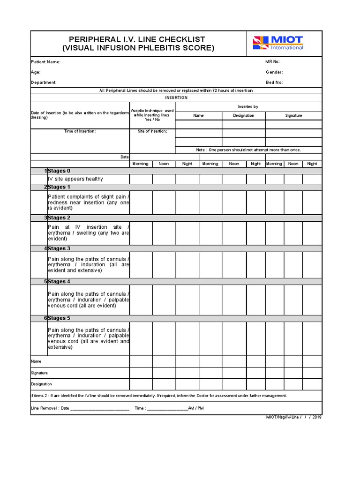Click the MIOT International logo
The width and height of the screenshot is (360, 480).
278,43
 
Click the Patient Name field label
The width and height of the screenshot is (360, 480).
45,62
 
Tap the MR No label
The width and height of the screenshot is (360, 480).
272,62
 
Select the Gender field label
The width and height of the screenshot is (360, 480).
274,72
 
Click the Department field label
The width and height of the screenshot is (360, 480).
44,82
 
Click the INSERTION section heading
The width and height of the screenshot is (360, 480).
176,97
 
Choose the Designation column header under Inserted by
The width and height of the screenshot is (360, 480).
244,115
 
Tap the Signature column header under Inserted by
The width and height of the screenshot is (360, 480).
293,115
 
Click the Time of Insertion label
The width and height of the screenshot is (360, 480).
80,131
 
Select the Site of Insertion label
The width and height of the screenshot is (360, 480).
152,131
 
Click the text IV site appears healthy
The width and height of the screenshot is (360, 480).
75,179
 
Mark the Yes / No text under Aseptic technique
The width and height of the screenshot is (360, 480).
152,120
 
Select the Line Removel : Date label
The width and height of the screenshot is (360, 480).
50,408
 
